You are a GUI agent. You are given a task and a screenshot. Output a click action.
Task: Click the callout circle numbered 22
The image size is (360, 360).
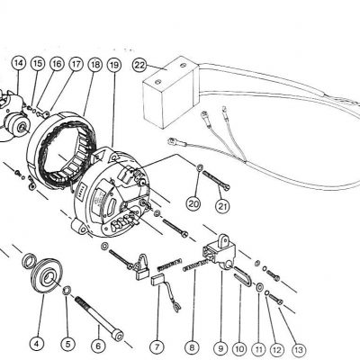[x=139, y=66]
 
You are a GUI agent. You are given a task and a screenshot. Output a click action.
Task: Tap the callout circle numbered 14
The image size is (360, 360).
[x=18, y=64]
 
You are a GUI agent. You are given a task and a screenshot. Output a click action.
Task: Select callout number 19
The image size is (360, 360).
[x=113, y=65]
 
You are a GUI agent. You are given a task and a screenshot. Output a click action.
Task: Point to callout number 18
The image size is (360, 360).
[x=95, y=65]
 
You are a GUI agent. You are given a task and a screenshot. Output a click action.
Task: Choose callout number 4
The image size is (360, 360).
[x=37, y=343]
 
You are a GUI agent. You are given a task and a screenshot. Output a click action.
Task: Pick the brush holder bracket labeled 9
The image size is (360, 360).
[x=219, y=247]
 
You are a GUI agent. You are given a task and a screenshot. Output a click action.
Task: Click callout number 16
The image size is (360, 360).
[x=57, y=65]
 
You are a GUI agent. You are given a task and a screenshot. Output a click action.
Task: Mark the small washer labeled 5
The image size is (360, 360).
[x=68, y=290]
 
